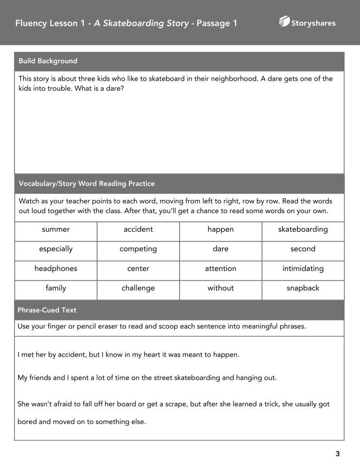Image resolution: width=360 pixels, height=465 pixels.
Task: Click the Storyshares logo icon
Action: point(284,22)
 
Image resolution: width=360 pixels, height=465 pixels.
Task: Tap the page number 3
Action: point(337,454)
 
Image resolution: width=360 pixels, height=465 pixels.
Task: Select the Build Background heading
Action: point(48,61)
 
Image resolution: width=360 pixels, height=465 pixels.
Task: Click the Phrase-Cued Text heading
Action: point(47,310)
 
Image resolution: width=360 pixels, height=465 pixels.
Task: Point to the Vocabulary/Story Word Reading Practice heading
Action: point(87,184)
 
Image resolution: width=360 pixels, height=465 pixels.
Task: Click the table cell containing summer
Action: point(56,229)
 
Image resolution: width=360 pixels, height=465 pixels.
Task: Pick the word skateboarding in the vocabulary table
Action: point(303,229)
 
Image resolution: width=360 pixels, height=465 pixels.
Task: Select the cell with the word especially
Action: point(56,249)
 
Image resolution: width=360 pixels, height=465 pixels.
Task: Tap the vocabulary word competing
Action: point(138,249)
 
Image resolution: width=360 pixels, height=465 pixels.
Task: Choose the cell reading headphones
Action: point(56,268)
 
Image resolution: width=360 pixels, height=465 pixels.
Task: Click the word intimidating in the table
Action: point(303,268)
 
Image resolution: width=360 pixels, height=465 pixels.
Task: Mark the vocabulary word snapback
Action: point(303,288)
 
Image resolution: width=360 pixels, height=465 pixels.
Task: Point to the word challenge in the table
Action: point(138,288)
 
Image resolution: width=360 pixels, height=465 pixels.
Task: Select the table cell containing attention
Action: point(220,268)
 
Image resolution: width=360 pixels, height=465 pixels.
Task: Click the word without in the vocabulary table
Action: point(220,288)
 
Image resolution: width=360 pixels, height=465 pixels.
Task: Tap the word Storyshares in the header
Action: point(314,23)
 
